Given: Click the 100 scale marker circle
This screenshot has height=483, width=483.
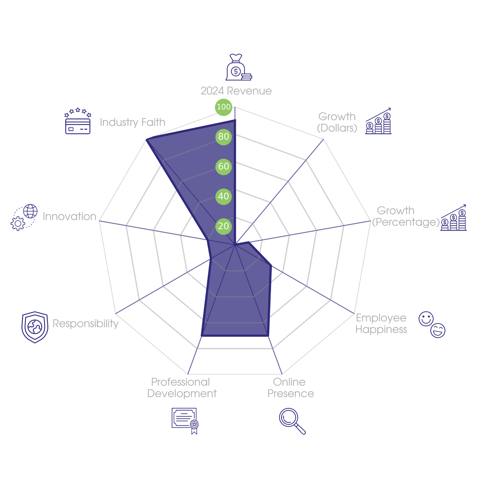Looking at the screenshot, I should pos(223,107).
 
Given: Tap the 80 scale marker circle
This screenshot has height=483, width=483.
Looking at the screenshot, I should pos(223,136).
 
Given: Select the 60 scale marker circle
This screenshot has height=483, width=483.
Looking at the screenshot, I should pos(223,166).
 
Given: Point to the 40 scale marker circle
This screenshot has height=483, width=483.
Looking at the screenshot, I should pos(223,196).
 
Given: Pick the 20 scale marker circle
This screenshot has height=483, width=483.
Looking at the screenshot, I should pos(223,226).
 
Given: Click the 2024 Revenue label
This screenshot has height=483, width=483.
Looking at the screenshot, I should pos(236,91).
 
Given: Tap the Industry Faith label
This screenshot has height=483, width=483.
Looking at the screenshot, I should pos(133,122).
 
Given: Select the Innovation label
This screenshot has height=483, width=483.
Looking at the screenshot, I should pos(69,216).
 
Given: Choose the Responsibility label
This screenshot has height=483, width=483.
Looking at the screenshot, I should pos(85,324).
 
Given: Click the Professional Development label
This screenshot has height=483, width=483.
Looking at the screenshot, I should pos(181,388).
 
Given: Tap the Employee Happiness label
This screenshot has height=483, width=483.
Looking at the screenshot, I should pos(381,324).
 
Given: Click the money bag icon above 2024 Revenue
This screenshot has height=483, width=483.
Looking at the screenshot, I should pos(238,68).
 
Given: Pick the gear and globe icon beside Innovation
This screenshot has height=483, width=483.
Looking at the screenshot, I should pos(24,217).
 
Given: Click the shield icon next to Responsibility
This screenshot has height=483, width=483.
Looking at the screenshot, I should pos(35,327).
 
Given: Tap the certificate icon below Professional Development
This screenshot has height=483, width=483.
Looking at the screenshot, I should pos(185,421).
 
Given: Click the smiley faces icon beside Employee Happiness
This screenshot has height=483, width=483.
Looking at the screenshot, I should pos(432,325).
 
